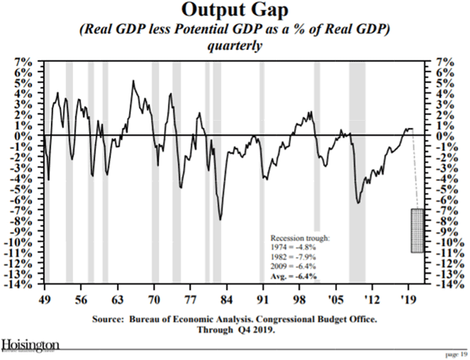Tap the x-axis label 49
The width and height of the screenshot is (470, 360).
[x=45, y=296]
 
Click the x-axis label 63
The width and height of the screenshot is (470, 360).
[x=117, y=296]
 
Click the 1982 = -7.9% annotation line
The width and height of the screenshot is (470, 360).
[x=293, y=255]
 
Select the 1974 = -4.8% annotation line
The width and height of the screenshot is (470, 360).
[x=293, y=245]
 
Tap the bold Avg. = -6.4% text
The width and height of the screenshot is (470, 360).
[x=293, y=276]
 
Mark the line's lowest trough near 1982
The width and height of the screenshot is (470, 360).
[x=220, y=219]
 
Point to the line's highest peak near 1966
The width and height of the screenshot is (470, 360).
[x=133, y=81]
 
